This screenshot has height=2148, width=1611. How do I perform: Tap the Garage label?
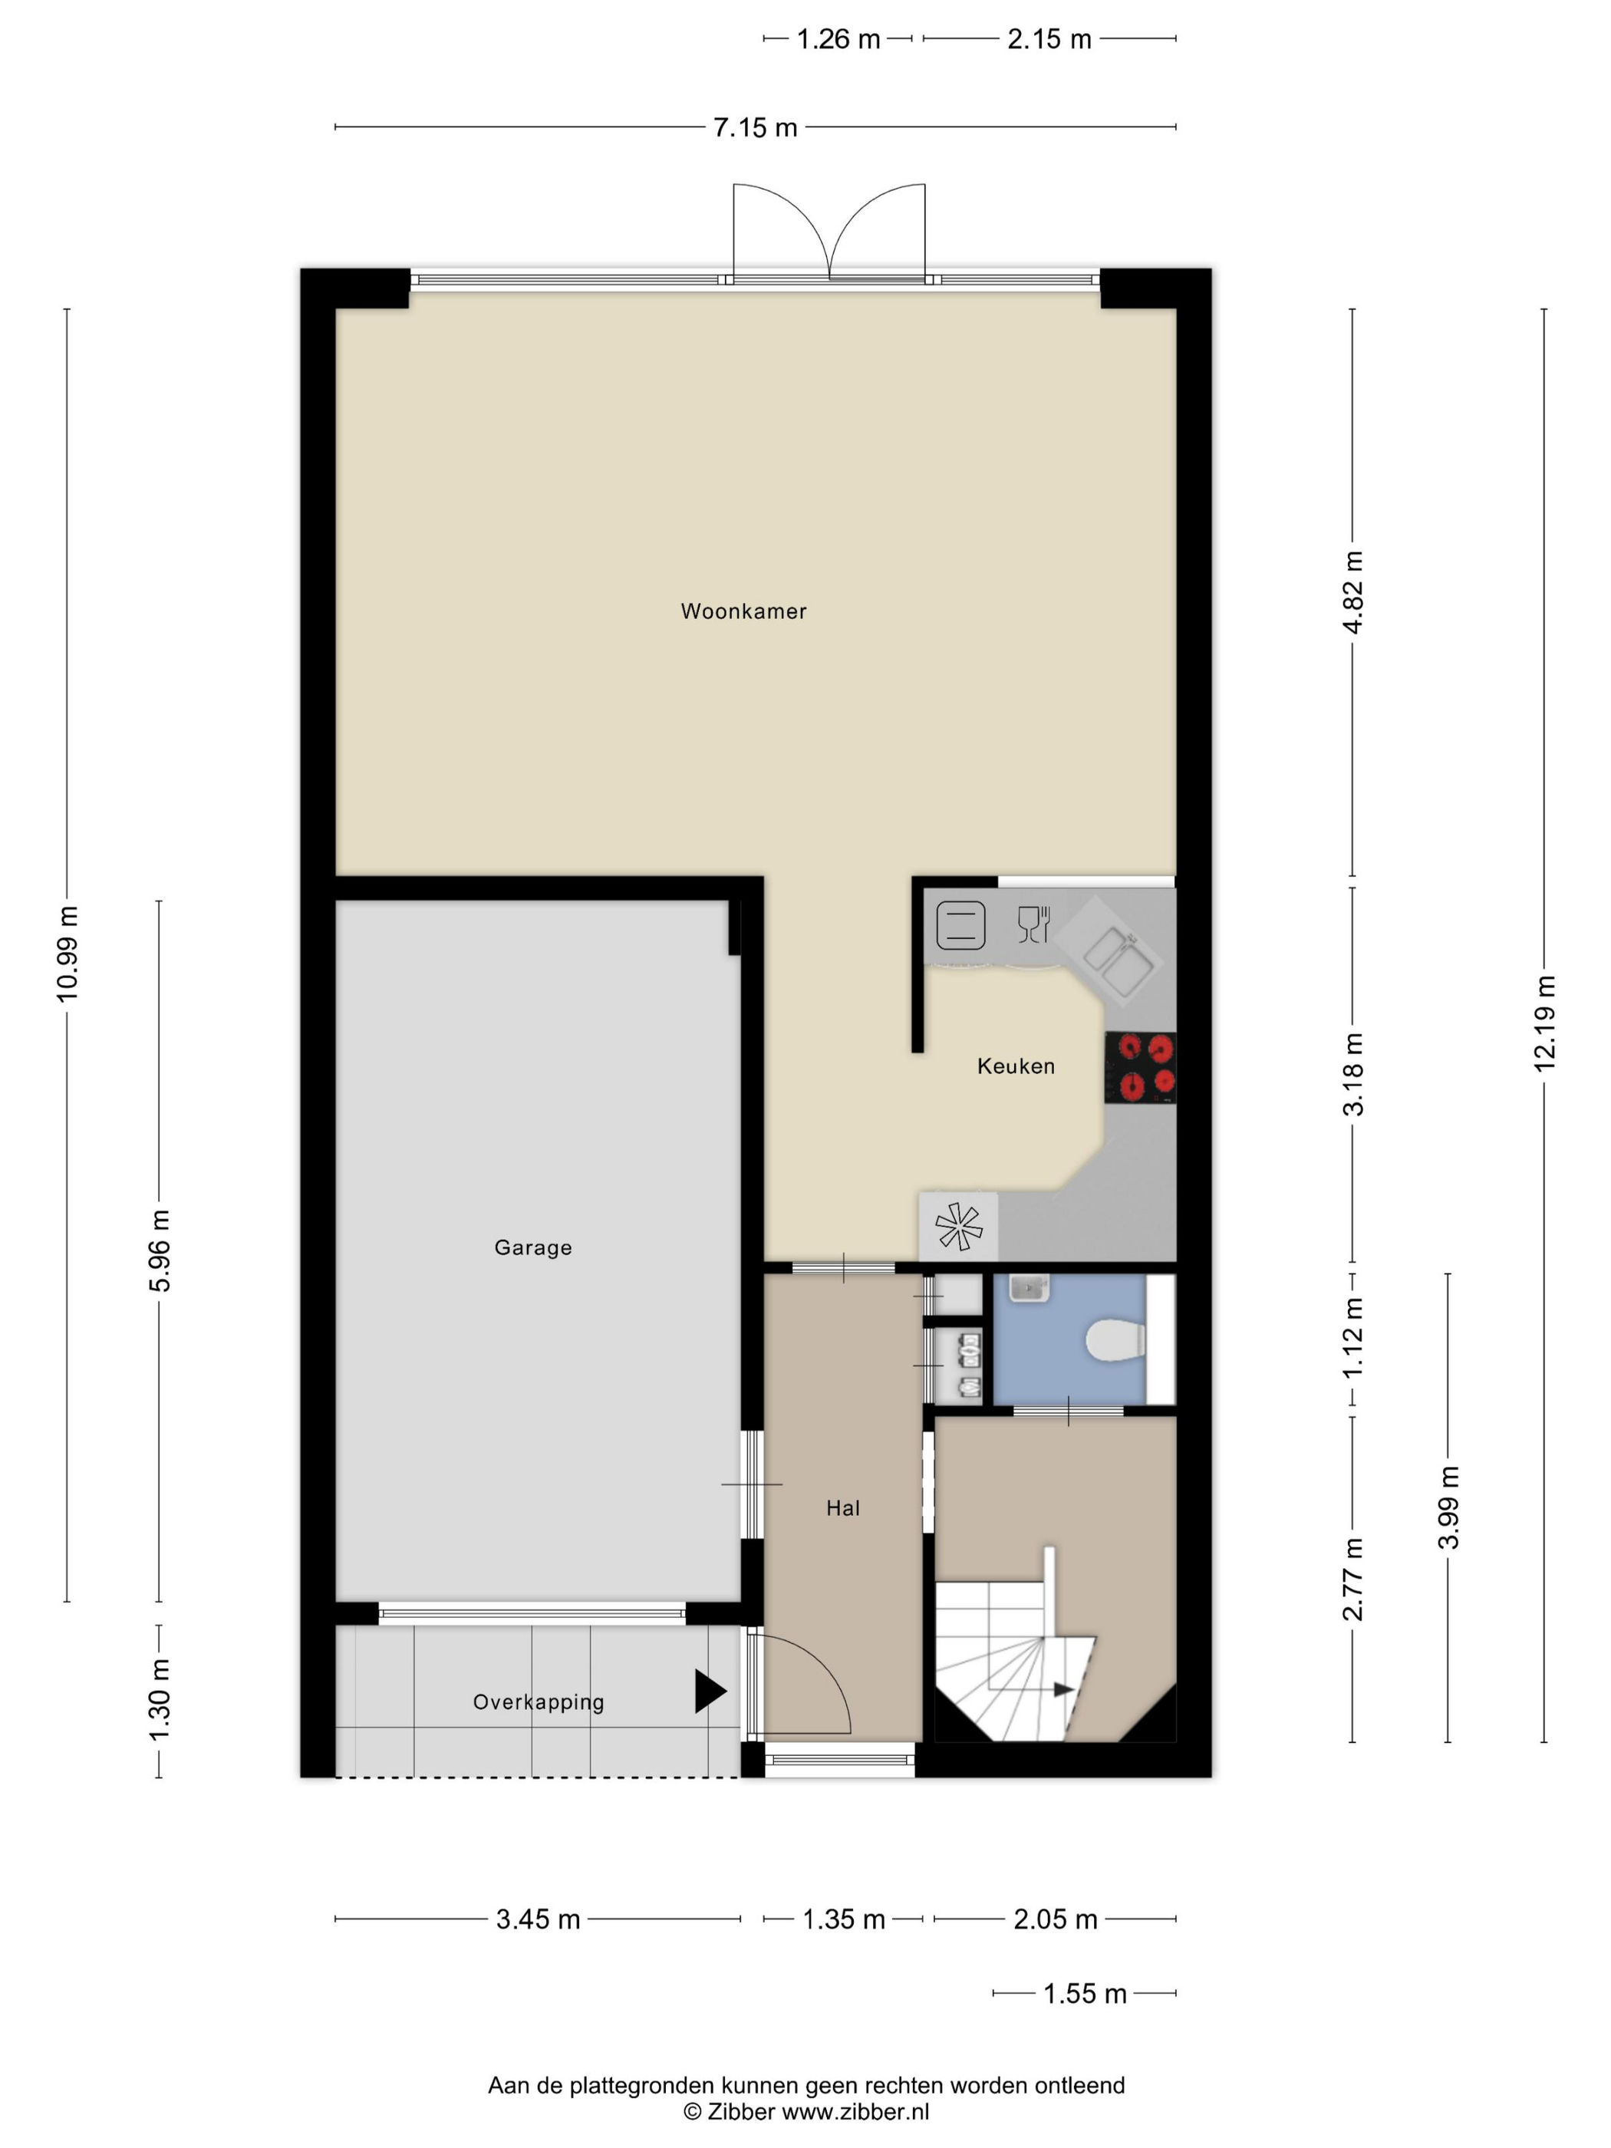pos(533,1248)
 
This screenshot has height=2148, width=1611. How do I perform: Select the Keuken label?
pos(1016,1066)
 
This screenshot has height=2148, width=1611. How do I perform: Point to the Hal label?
pos(843,1508)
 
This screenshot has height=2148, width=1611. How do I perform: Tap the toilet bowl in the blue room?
pos(1115,1341)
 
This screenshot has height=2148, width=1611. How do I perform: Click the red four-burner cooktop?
pos(1141,1067)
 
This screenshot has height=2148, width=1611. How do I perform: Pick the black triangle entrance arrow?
pos(710,1691)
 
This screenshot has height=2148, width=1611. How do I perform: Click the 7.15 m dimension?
pos(756,127)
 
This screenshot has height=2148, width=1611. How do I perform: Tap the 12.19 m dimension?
pos(1544,1023)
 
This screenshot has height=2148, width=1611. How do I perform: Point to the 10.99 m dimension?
pos(67,954)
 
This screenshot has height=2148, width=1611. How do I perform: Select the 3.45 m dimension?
pos(538,1919)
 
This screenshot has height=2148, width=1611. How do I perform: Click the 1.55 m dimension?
pos(1085,1994)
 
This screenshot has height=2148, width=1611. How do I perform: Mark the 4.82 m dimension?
pos(1352,592)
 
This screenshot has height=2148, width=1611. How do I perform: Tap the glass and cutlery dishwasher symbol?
pos(1034,924)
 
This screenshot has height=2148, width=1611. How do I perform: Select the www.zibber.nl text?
pos(855,2111)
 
